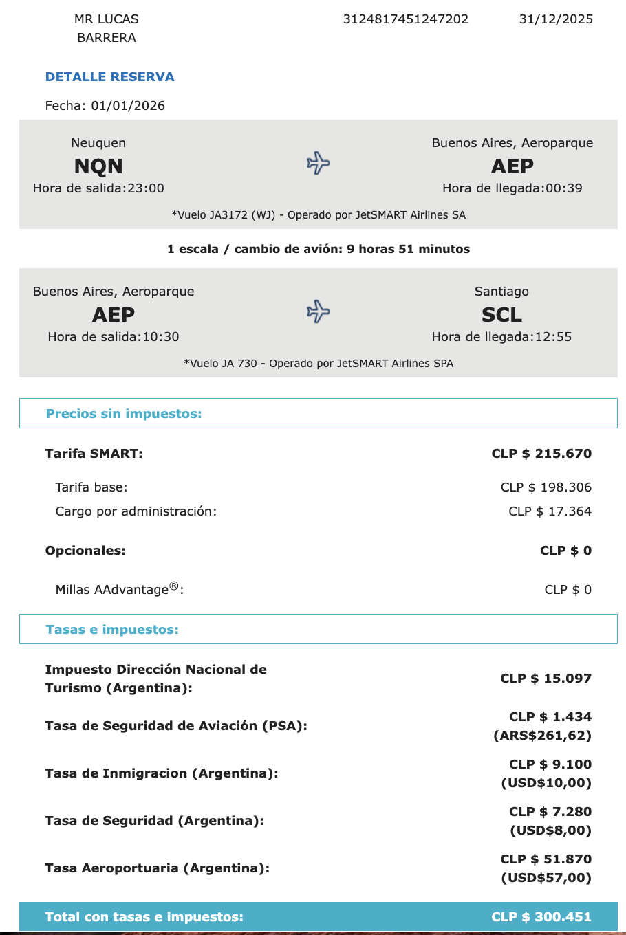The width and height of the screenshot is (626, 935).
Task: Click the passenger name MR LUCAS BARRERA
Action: [x=107, y=28]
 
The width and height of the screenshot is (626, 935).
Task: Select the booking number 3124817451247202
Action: [x=405, y=19]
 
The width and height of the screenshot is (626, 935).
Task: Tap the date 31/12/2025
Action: [x=556, y=19]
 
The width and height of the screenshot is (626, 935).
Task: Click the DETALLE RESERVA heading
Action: [x=109, y=77]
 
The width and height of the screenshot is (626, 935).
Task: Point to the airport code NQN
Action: [x=98, y=166]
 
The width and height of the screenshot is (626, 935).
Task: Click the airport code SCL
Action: [x=501, y=315]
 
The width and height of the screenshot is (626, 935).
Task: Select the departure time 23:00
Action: [x=145, y=188]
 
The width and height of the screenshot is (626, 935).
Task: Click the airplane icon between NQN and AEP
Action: [x=318, y=164]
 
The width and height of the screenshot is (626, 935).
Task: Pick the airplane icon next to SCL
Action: [x=318, y=311]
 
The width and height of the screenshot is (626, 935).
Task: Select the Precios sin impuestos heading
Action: [x=124, y=414]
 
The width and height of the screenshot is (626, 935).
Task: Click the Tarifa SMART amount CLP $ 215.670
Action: [x=541, y=454]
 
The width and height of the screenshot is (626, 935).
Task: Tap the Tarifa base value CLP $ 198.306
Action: [x=546, y=487]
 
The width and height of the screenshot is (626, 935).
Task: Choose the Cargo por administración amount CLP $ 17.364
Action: [x=550, y=511]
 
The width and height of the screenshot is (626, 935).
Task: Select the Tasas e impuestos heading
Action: [x=112, y=630]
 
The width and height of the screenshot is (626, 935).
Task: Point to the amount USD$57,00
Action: [x=546, y=878]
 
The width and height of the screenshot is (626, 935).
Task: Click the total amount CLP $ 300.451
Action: [x=541, y=917]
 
